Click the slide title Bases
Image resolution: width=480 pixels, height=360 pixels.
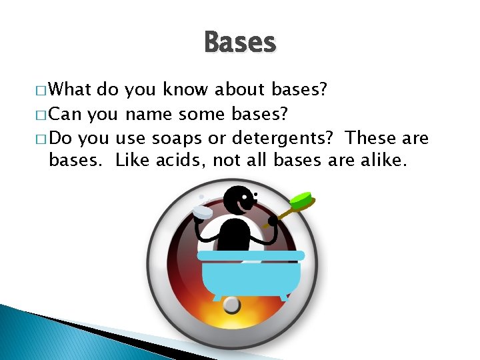(239, 42)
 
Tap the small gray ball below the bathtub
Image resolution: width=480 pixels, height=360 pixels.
(231, 305)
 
